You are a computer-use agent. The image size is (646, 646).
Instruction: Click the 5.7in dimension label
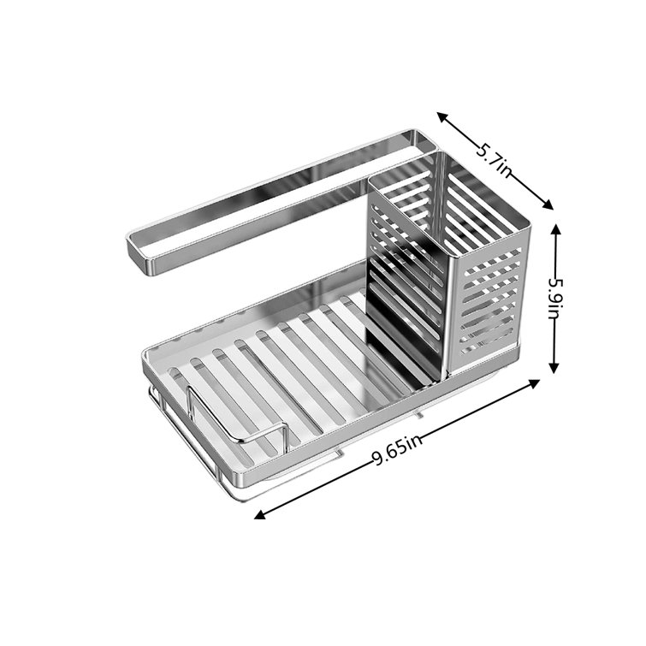[x=495, y=158]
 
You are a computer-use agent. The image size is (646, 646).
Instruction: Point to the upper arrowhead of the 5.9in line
[x=554, y=229]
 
